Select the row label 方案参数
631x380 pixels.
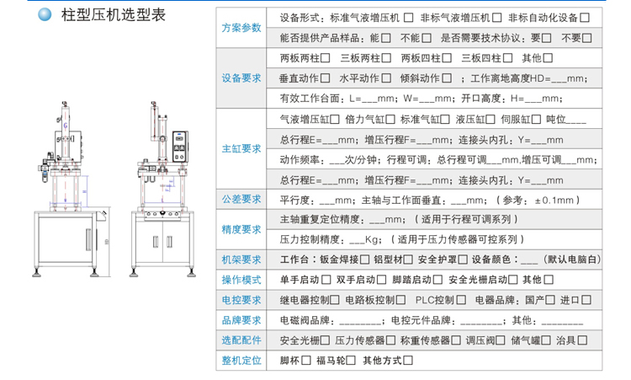point(241,27)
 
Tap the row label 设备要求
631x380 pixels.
point(241,78)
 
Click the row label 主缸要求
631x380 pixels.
point(241,148)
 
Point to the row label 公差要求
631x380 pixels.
point(241,200)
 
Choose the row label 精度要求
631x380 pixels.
point(241,229)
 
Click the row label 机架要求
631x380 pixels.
point(241,260)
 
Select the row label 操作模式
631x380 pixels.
point(241,280)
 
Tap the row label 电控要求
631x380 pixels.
point(241,300)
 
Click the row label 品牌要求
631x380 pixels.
point(241,320)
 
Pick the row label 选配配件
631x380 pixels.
point(241,340)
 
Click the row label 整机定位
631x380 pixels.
point(241,361)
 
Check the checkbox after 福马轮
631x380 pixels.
point(352,361)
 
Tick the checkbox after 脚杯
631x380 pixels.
point(305,361)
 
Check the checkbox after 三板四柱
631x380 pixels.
point(507,58)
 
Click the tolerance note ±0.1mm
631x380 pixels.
point(551,200)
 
